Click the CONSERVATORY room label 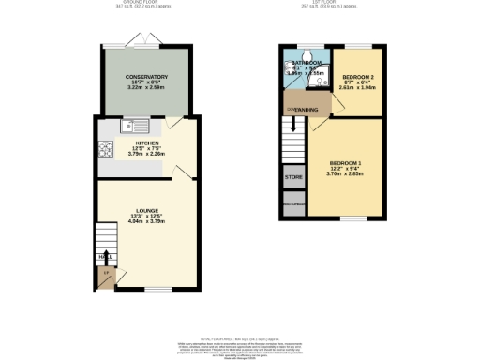click(x=145, y=77)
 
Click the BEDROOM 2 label click(x=357, y=75)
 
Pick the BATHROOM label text click(x=307, y=62)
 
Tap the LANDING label click(x=307, y=111)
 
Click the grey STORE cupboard click(x=293, y=176)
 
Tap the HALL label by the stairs click(x=102, y=255)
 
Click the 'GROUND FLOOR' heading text click(x=145, y=3)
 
